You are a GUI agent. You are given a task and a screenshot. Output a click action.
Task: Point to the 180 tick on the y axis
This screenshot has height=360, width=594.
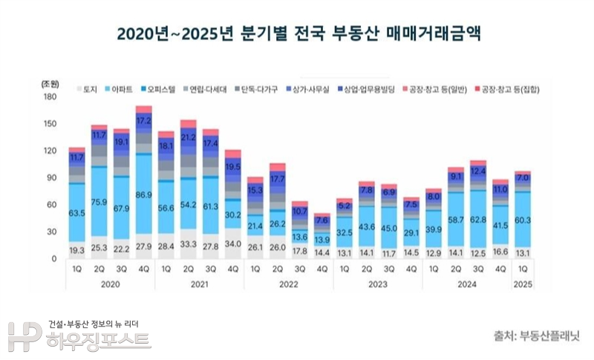tap(50, 97)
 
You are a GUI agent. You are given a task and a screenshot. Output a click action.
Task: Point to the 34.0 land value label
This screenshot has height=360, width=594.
tap(233, 243)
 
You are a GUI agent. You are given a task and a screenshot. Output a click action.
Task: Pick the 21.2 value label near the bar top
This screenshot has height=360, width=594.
tap(189, 137)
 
